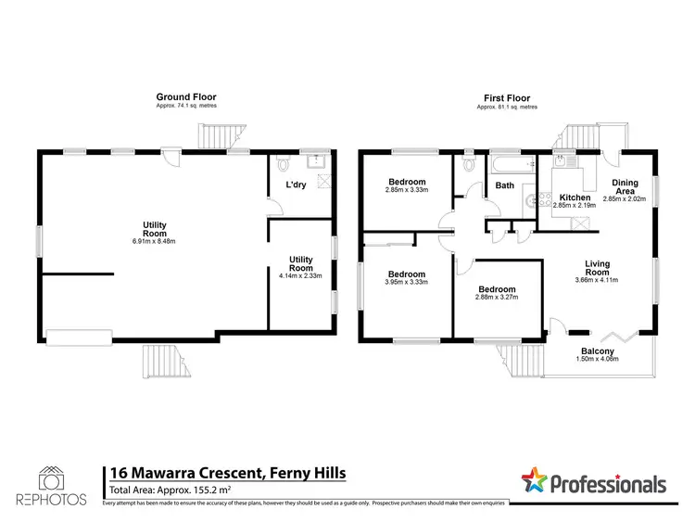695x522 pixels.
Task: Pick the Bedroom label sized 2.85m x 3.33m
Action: click(407, 182)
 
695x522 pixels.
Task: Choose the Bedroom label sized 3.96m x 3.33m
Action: click(407, 274)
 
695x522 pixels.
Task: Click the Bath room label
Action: click(504, 185)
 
